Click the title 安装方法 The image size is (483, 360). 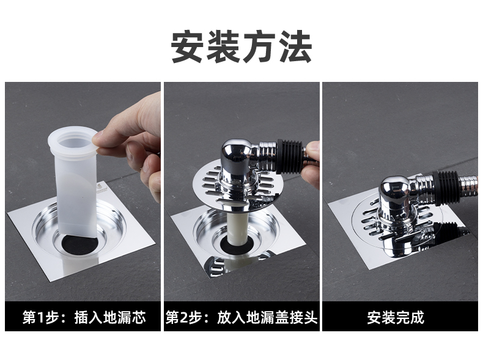242,46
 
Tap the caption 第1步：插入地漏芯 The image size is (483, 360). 84,317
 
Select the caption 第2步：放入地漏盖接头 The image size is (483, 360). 242,317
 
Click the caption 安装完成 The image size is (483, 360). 396,317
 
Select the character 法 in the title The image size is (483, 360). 295,46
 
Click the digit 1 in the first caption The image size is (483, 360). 40,318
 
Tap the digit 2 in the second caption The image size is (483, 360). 184,318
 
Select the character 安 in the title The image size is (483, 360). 188,46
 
